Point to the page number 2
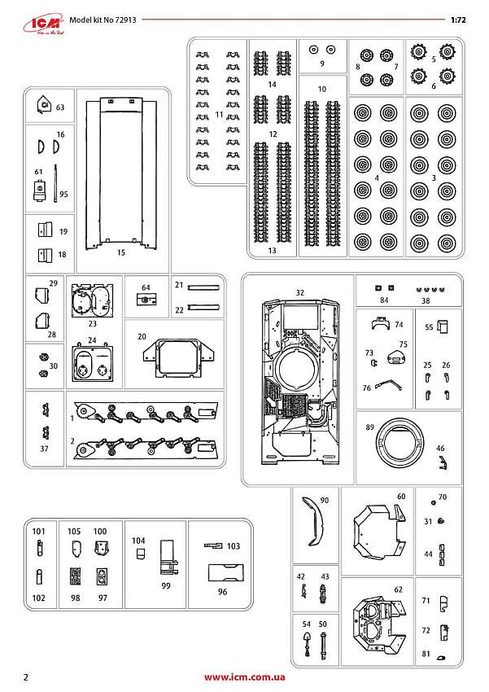coord(27,677)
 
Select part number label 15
coord(120,253)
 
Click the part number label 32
coord(299,291)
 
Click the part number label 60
coord(400,496)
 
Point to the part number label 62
coord(397,588)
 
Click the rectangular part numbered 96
coord(225,572)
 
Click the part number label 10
coord(321,88)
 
